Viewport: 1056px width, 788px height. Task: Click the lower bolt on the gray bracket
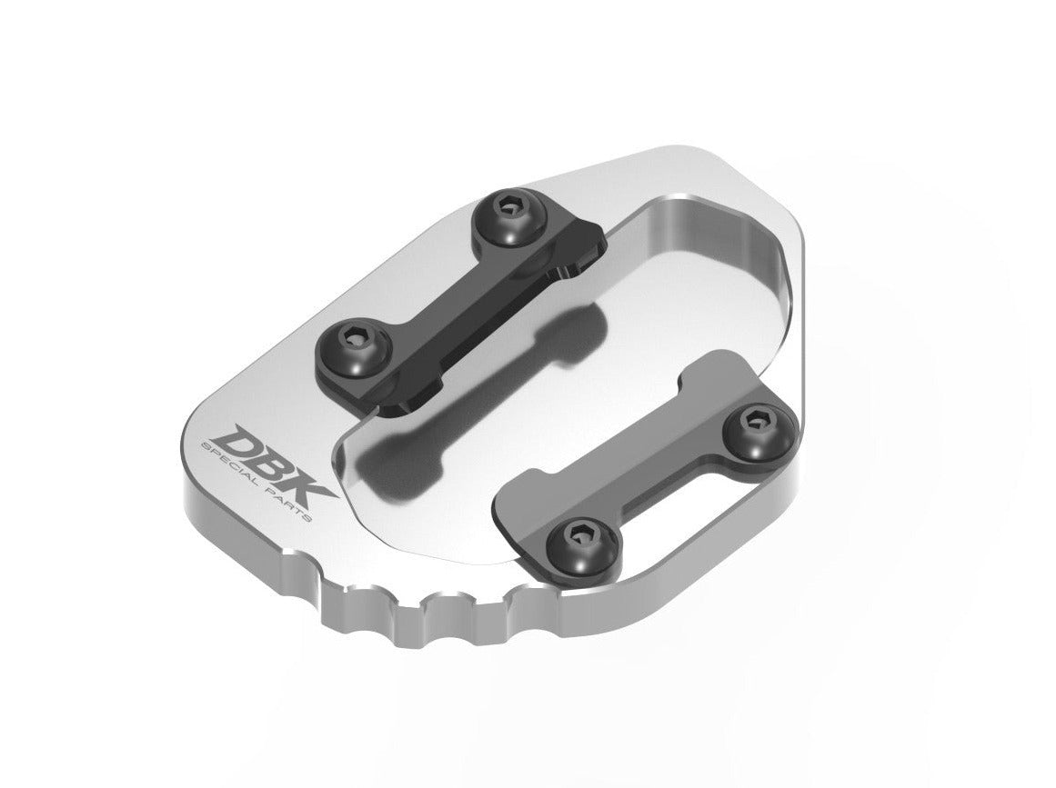[x=576, y=534]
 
